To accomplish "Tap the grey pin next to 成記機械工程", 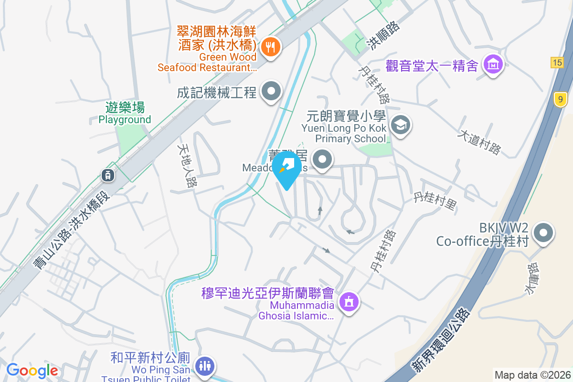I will point(271,91).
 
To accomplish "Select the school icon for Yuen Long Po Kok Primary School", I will point(400,125).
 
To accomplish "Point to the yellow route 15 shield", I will point(556,63).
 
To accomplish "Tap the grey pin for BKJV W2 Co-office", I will point(543,233).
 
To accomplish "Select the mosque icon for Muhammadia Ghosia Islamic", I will point(349,302).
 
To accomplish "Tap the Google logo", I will point(32,371).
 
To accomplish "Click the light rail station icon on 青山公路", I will point(108,175).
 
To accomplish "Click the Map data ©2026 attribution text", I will point(532,375).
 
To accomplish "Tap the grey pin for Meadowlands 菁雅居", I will point(322,159).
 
